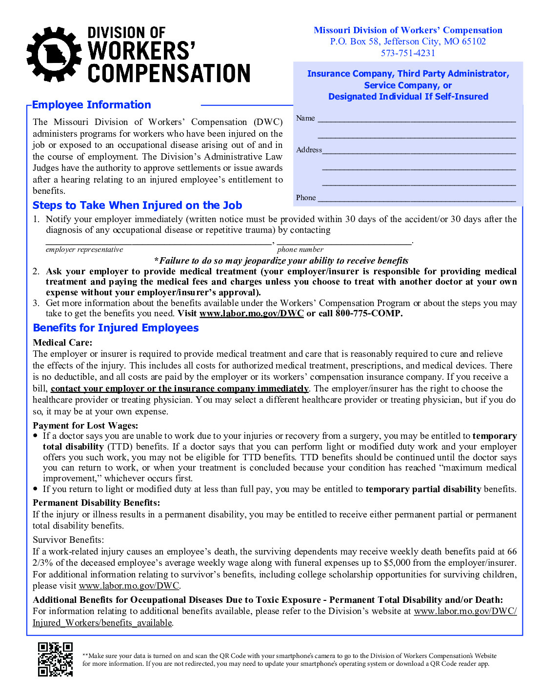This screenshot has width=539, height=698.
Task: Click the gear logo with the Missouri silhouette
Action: [54, 54]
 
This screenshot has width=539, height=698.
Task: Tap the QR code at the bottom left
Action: [55, 659]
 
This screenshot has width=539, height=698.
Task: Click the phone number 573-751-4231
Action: [408, 53]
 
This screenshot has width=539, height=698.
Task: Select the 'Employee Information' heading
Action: [92, 105]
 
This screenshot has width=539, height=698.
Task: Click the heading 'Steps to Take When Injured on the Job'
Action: [137, 205]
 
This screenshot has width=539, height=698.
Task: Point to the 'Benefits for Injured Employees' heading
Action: [116, 328]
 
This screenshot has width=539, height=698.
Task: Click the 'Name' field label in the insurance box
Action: [305, 118]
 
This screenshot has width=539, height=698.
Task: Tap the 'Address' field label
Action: [309, 150]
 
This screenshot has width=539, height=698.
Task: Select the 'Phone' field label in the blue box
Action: [306, 198]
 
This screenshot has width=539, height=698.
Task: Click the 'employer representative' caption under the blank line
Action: [84, 250]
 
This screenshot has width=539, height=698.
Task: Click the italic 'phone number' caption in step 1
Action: [300, 250]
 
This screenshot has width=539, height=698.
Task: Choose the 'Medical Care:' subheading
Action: [62, 343]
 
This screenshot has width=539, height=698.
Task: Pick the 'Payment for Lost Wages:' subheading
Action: [85, 426]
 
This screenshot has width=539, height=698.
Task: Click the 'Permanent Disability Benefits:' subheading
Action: [96, 503]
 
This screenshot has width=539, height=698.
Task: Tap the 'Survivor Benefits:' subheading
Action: [68, 540]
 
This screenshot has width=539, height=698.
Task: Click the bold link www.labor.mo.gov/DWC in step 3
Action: [251, 313]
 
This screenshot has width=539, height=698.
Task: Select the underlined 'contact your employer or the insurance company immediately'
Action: [180, 389]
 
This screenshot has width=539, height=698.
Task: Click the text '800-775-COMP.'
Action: [369, 313]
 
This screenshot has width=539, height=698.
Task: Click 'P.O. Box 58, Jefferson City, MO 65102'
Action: [408, 41]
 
